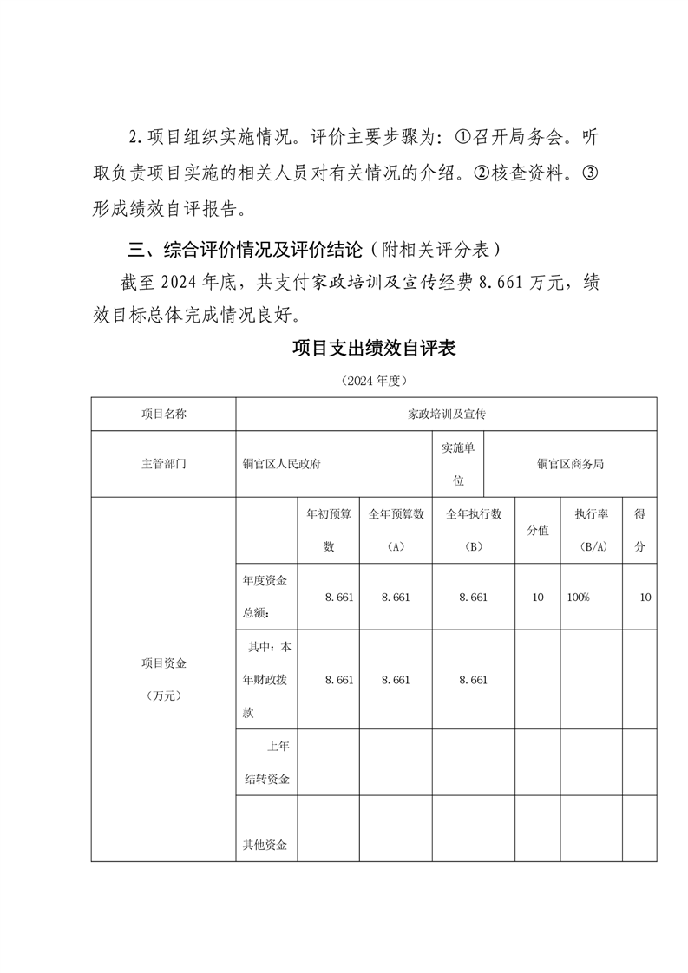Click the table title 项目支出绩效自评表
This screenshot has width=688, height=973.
point(374,349)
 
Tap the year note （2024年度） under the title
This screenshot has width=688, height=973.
point(374,382)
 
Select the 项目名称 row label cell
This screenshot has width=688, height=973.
point(163,414)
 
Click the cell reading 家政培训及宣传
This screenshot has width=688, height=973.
point(446,414)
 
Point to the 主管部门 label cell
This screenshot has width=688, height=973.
point(163,464)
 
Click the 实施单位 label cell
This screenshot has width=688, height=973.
point(458,464)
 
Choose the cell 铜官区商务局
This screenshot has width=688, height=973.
point(569,464)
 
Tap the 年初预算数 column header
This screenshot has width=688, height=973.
point(328,530)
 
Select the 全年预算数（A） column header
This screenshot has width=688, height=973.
point(396,530)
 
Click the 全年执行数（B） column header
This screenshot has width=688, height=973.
point(474,530)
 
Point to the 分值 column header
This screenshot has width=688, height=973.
point(538,530)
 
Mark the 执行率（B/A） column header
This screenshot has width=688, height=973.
point(591,530)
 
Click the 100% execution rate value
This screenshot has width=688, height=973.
point(578,598)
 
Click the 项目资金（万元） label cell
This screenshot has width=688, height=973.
point(163,679)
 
